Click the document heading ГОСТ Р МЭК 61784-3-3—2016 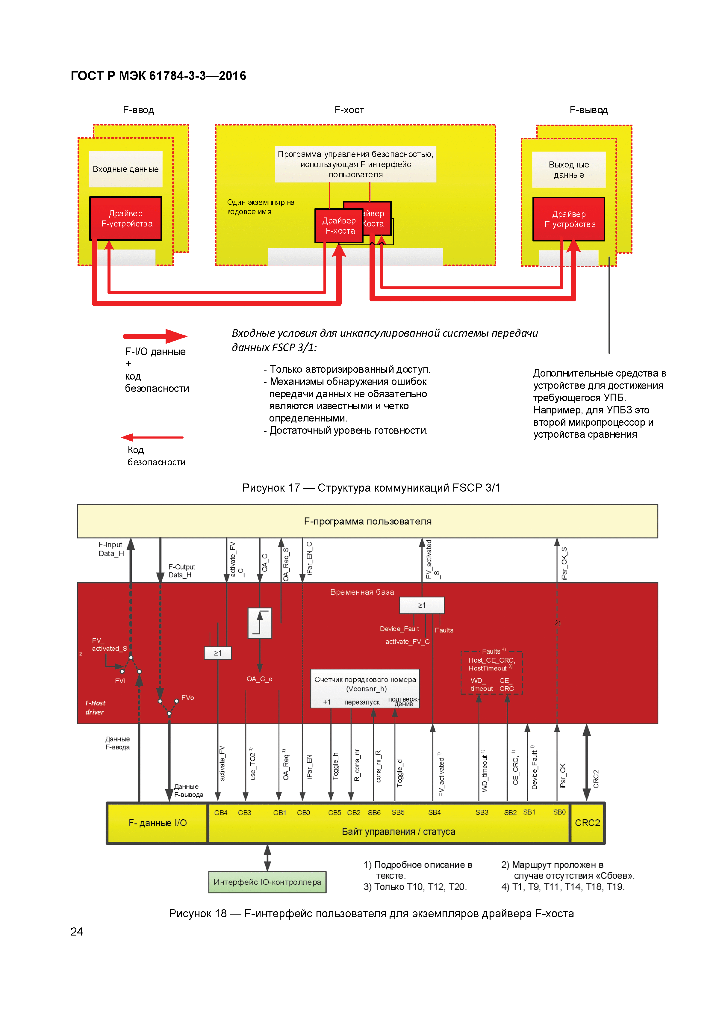158,76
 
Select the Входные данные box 125,169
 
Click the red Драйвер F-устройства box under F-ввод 126,218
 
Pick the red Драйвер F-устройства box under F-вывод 569,219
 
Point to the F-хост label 349,110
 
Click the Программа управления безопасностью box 355,164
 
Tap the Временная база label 362,592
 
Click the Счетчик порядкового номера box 365,688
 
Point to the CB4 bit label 221,812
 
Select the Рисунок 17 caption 371,487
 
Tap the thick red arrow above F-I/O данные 155,336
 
